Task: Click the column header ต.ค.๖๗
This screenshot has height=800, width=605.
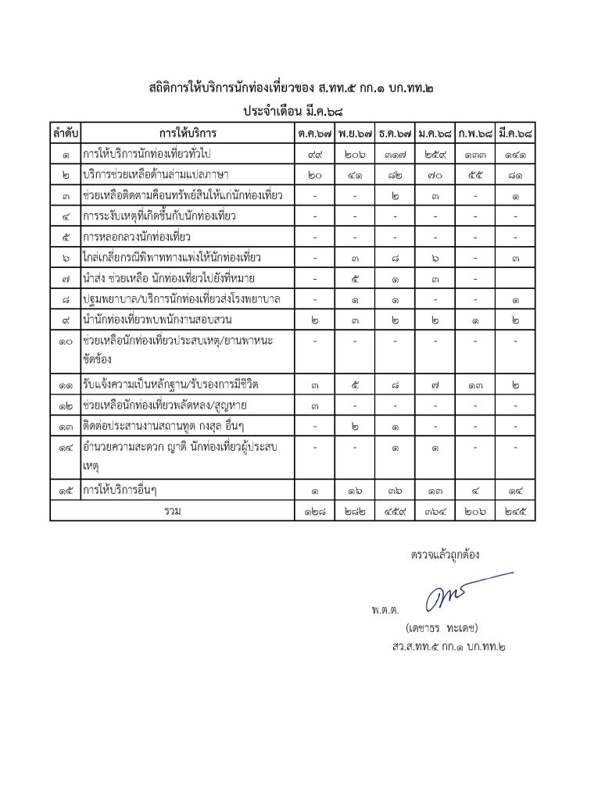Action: [x=314, y=133]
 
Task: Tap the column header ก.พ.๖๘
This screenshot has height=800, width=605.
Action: [x=475, y=133]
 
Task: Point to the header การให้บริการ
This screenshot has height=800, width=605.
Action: [x=188, y=133]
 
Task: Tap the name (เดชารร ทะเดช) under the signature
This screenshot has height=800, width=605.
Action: [x=442, y=627]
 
